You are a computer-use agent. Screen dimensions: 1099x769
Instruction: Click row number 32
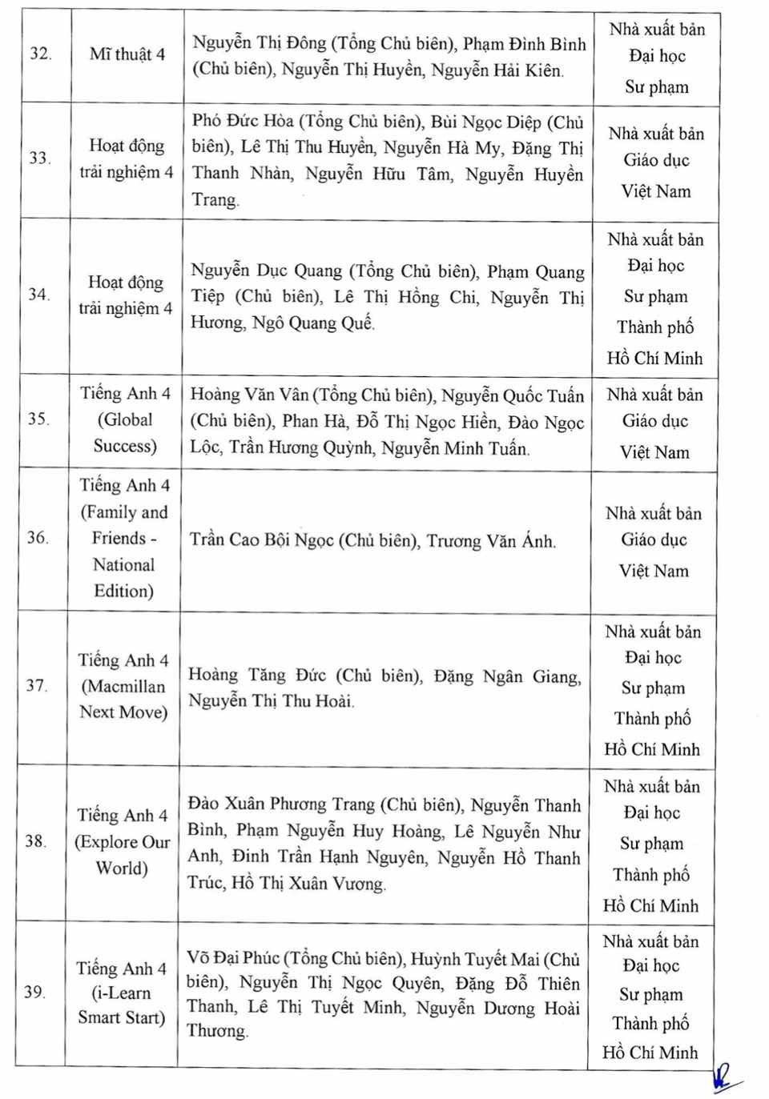40,54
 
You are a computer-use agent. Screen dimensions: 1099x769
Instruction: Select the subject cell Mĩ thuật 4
127,54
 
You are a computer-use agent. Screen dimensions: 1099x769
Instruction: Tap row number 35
38,419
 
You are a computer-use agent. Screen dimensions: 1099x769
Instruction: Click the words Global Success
126,433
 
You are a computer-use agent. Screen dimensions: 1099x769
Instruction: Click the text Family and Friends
124,525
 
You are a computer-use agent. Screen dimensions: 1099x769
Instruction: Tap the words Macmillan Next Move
123,699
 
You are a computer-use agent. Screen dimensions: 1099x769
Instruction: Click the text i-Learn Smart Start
122,1005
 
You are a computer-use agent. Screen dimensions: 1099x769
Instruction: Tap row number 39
34,992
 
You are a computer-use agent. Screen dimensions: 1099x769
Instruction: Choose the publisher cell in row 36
654,541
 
